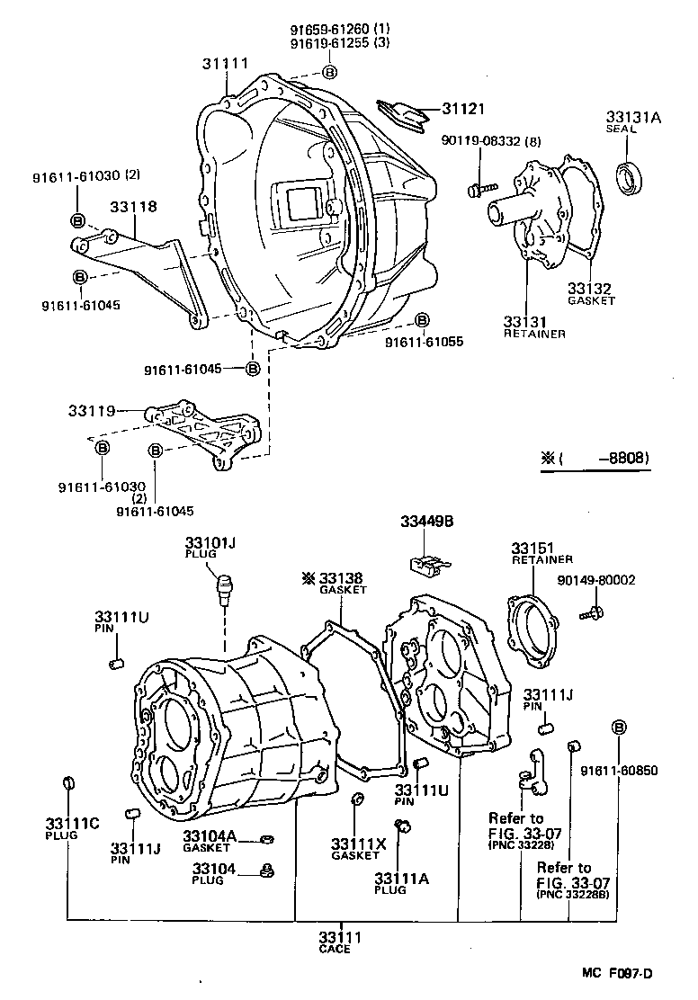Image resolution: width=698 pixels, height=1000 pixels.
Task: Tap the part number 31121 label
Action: (x=462, y=109)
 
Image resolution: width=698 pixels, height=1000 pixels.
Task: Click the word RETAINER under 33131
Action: (x=534, y=334)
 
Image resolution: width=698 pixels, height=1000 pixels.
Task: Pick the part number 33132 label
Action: (x=589, y=289)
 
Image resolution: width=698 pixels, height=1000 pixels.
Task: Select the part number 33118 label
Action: (x=133, y=207)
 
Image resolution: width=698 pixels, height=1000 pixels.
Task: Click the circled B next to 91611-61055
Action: (x=422, y=321)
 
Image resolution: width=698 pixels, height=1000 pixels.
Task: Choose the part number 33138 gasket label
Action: (x=342, y=577)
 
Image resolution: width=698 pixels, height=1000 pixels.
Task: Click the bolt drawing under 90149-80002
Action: (x=595, y=612)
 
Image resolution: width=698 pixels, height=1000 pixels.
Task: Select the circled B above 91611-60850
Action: (x=618, y=728)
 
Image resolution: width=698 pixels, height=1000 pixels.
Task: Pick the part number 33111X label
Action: (x=357, y=844)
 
